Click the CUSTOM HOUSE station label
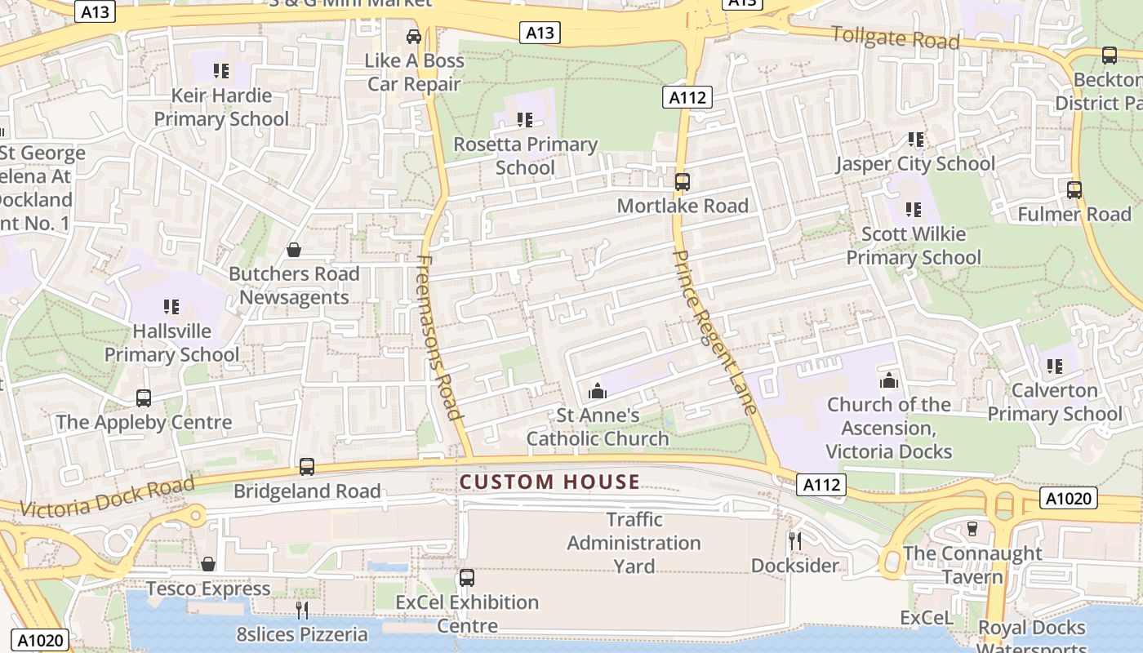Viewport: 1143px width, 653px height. tap(549, 482)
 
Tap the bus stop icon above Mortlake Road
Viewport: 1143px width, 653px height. tap(682, 182)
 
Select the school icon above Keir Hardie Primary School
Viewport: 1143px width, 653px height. tap(220, 71)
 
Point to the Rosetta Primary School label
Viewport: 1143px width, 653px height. tap(526, 156)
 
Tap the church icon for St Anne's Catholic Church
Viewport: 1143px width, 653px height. tap(598, 391)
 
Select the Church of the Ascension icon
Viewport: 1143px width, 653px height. tap(888, 380)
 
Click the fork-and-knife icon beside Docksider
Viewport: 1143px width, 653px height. tap(794, 540)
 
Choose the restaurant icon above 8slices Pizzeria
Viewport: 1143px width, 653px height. tap(302, 610)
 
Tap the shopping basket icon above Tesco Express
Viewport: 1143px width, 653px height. tap(208, 564)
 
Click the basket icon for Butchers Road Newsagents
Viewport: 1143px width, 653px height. tap(293, 250)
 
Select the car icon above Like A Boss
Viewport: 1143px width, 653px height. tap(414, 37)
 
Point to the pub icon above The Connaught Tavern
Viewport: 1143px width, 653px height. tap(972, 528)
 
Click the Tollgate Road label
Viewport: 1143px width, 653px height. tap(895, 38)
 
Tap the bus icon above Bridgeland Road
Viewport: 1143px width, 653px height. tap(306, 467)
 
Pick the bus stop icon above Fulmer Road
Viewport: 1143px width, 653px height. tap(1074, 190)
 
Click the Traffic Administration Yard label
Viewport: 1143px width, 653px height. tap(634, 543)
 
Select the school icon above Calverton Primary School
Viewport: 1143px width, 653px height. tap(1054, 366)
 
